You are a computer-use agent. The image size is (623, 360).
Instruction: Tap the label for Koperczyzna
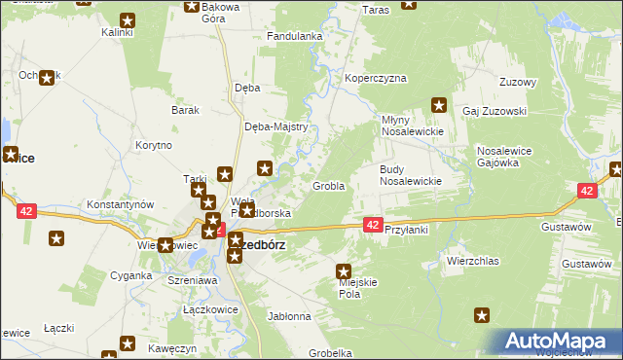tap(375, 78)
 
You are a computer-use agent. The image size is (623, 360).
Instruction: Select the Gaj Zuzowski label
tap(494, 111)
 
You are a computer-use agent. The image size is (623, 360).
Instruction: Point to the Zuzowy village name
tap(517, 82)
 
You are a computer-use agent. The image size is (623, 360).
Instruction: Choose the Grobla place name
tap(328, 185)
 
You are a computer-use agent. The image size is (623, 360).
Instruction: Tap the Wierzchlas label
tap(472, 262)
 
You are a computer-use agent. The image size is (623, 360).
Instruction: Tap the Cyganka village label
tap(129, 275)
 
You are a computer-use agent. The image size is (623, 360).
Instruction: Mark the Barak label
tap(185, 110)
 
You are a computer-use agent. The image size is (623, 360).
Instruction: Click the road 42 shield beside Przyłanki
tap(372, 225)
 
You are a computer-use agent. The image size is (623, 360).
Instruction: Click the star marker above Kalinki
tap(127, 19)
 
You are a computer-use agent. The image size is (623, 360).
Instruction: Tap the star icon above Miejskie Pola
tap(344, 271)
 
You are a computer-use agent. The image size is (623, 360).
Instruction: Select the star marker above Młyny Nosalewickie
tap(438, 104)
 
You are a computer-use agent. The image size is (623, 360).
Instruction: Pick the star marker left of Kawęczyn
tap(128, 342)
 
